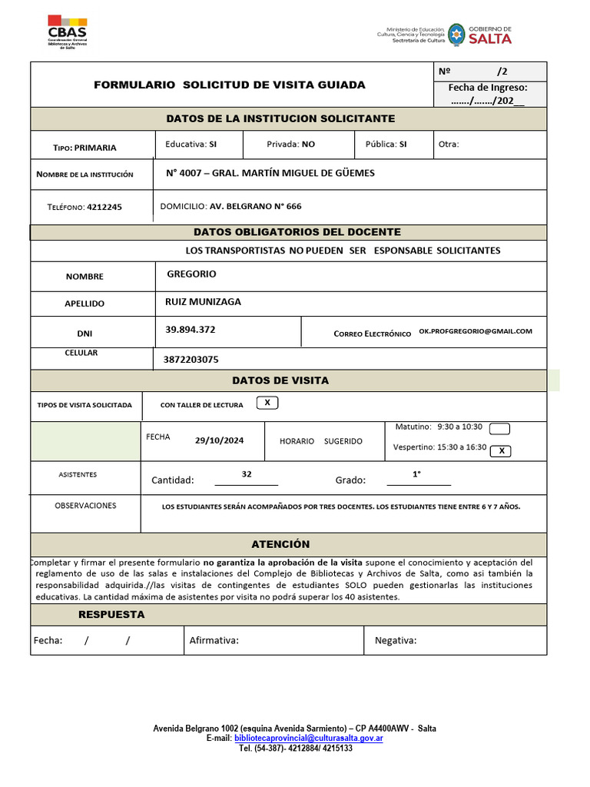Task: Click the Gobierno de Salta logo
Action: tap(480, 34)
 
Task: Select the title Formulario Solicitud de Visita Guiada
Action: tap(230, 85)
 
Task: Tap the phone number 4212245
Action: tap(104, 207)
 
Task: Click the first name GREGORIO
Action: tap(191, 274)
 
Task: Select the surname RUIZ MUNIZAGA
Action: tap(203, 302)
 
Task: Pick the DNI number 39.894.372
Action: tap(191, 330)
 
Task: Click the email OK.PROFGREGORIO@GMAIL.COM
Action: tap(476, 331)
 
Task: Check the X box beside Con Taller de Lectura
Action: tap(267, 403)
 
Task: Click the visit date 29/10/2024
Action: tap(219, 440)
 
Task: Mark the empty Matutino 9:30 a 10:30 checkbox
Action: tap(499, 428)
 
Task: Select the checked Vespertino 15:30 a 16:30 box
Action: tap(501, 451)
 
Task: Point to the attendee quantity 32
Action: tap(247, 474)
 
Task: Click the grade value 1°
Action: tap(417, 474)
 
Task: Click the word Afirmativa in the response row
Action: tap(214, 640)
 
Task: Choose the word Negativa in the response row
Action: tap(396, 640)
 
